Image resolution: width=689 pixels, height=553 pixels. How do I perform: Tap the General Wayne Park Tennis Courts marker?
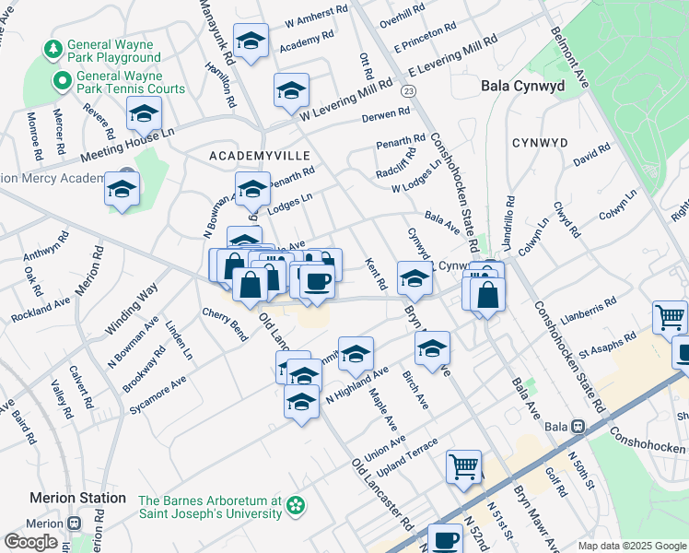[x=64, y=81]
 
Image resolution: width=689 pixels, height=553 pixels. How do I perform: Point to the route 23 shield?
[x=409, y=89]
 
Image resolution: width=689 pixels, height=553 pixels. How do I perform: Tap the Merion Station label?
[x=77, y=498]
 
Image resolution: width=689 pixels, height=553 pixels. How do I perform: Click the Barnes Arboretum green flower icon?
[x=295, y=506]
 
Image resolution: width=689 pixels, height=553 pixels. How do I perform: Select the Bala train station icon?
[x=578, y=427]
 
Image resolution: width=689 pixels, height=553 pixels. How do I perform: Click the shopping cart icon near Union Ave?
[x=463, y=465]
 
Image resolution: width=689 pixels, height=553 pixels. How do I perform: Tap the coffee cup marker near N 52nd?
[x=446, y=539]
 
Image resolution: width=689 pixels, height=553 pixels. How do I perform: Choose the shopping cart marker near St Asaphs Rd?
[x=670, y=317]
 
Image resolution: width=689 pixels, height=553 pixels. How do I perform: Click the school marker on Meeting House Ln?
[x=144, y=114]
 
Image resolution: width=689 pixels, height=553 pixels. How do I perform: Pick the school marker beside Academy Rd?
[x=251, y=41]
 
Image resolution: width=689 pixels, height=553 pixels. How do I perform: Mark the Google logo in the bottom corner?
[x=30, y=541]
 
